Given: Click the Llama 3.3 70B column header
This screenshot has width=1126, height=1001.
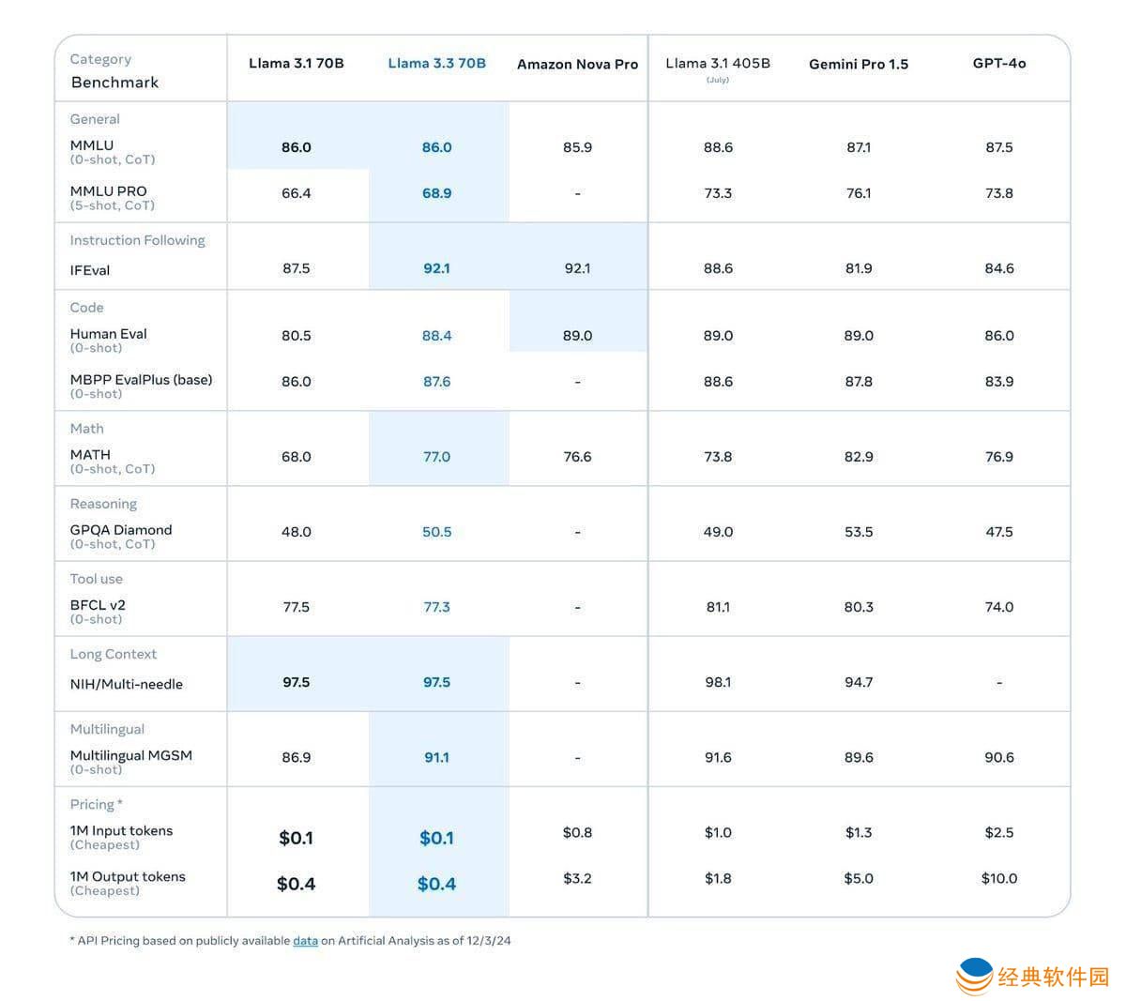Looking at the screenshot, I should (x=436, y=64).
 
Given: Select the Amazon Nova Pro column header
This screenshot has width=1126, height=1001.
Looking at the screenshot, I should (x=577, y=65).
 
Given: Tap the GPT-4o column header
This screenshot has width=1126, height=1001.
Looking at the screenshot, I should (x=998, y=64).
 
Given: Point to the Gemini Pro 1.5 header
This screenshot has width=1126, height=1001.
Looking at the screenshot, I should (x=859, y=65).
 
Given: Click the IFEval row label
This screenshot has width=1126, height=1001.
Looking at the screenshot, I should (x=90, y=270).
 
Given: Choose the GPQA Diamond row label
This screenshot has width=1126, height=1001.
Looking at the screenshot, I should (x=121, y=530).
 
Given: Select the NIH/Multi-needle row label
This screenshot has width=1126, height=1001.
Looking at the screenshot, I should (x=127, y=684).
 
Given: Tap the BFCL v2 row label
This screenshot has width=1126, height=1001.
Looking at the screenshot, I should (x=98, y=605).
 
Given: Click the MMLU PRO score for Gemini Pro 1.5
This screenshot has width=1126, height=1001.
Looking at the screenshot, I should (x=859, y=193).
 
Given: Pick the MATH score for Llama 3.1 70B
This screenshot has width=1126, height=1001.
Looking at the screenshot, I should (x=297, y=457).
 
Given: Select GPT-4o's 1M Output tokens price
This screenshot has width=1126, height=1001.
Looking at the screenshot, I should (x=998, y=878).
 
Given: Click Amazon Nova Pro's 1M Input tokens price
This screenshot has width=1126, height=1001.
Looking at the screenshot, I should (x=577, y=832).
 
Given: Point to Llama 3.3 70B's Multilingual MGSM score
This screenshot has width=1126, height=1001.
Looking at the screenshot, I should (x=436, y=757).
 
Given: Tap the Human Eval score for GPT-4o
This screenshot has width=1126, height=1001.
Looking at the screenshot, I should (x=998, y=336).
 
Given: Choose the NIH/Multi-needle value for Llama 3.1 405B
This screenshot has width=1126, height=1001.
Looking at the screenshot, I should (x=718, y=682).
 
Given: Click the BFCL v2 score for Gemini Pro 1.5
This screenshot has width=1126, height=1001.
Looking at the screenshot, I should (x=859, y=607).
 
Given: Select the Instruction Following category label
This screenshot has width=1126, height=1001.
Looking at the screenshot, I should (x=137, y=240).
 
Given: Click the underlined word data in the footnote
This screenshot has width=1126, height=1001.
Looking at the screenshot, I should (x=306, y=940).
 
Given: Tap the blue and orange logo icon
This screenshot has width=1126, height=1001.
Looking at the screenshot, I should (x=975, y=976).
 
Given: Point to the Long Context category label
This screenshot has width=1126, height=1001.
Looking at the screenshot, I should (x=114, y=654).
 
